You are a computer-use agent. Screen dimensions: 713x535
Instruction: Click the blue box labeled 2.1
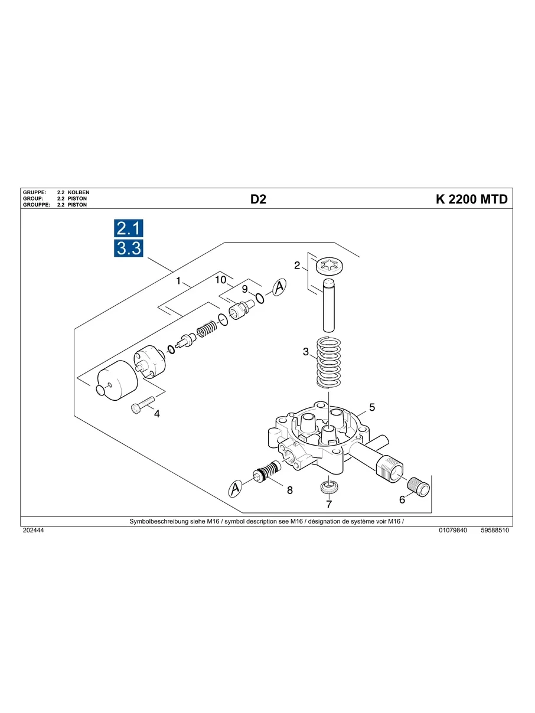pyautogui.click(x=128, y=229)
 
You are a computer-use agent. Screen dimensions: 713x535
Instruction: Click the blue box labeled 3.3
pyautogui.click(x=128, y=248)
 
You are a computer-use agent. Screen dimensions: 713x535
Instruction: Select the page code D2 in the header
pyautogui.click(x=258, y=199)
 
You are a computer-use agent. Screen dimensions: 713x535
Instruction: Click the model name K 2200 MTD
pyautogui.click(x=471, y=199)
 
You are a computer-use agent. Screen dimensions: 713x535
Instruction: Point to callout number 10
pyautogui.click(x=221, y=279)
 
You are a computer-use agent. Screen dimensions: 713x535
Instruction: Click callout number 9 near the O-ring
pyautogui.click(x=244, y=289)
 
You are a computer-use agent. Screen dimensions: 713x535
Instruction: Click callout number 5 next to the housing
pyautogui.click(x=372, y=407)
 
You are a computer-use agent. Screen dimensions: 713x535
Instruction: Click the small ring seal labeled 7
pyautogui.click(x=329, y=488)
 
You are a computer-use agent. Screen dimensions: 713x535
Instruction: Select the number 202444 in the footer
pyautogui.click(x=33, y=531)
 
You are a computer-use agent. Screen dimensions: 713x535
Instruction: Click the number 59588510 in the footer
pyautogui.click(x=495, y=531)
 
